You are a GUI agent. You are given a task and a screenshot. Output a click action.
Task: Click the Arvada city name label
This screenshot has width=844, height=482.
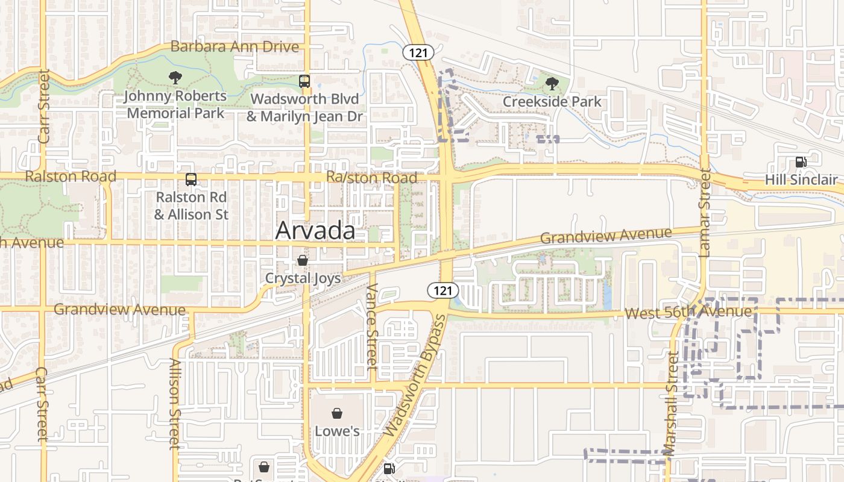[x=315, y=231]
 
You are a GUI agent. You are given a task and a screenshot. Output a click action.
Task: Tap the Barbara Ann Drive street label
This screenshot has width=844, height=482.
[x=235, y=46]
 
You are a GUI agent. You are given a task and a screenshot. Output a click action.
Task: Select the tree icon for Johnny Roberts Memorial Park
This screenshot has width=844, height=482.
[x=175, y=77]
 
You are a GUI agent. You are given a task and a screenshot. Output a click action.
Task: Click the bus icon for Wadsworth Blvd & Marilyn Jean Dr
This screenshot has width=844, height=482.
[x=304, y=81]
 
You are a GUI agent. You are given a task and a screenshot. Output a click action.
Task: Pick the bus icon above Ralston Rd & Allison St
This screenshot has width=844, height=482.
[x=191, y=180]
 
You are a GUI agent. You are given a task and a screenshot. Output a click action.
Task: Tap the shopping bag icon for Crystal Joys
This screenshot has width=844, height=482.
[x=303, y=260]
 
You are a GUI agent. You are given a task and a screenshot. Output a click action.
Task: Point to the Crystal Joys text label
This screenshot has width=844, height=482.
[x=303, y=278]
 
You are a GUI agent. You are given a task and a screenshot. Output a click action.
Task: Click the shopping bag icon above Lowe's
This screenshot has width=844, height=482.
[x=337, y=413]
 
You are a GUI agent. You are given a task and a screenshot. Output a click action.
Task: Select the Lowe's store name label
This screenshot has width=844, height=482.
[x=337, y=431]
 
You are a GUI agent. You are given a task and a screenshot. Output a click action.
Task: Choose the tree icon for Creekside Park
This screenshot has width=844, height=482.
[x=552, y=84]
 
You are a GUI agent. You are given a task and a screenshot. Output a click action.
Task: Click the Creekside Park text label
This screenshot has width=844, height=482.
[x=552, y=101]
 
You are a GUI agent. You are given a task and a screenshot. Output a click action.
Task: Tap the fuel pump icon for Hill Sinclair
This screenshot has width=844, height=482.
[x=801, y=161]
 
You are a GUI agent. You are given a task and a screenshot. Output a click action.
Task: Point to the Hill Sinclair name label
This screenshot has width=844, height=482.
[x=801, y=180]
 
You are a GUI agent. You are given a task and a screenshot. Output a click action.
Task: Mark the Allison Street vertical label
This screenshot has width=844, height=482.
[x=175, y=404]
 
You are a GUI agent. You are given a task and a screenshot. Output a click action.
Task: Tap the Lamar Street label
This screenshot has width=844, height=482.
[x=705, y=213]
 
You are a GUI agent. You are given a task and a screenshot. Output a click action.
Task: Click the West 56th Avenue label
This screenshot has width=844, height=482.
[x=688, y=312]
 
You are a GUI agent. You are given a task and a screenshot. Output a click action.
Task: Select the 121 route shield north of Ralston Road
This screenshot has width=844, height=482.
[x=418, y=53]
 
